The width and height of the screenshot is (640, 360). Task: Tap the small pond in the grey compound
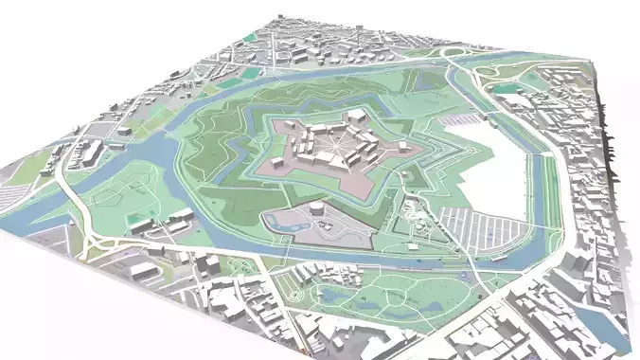pos(276,222)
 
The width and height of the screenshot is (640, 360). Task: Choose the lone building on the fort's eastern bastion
pos(404,147)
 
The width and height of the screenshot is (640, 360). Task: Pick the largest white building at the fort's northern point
pos(356,117)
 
